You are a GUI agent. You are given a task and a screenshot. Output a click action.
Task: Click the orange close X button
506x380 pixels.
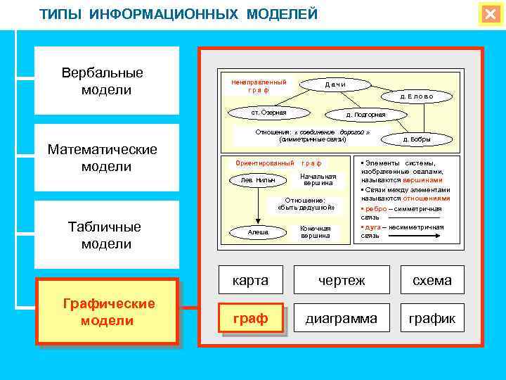(x=489, y=15)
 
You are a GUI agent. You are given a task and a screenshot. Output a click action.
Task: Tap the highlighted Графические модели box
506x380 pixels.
(x=108, y=312)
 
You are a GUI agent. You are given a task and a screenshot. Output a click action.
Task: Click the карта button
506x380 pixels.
(x=251, y=280)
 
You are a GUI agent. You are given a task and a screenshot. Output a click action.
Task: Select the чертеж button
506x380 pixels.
(x=342, y=280)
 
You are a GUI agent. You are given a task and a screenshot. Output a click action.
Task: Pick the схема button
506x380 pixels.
(x=432, y=280)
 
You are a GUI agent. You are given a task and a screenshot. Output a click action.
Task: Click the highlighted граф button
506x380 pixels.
(x=251, y=318)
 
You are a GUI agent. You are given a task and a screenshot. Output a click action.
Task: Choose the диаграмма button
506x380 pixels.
(x=342, y=318)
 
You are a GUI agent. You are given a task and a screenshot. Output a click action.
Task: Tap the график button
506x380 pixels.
(x=432, y=318)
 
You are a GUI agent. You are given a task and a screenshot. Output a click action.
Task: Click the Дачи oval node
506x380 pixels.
(x=335, y=84)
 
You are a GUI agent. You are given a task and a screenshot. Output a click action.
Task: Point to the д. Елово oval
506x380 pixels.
(x=417, y=96)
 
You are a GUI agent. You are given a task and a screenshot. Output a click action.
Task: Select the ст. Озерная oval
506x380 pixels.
(x=268, y=112)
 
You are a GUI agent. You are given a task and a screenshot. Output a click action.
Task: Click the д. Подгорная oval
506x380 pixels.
(x=365, y=114)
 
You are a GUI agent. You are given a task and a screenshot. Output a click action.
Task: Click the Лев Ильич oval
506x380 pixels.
(x=258, y=180)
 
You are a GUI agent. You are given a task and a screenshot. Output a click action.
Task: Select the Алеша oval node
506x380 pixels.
(x=258, y=232)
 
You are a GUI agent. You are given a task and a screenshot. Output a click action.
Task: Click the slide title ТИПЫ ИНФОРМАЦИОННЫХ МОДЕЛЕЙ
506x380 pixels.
(x=179, y=14)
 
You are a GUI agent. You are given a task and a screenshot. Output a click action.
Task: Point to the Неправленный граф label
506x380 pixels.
(x=259, y=86)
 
